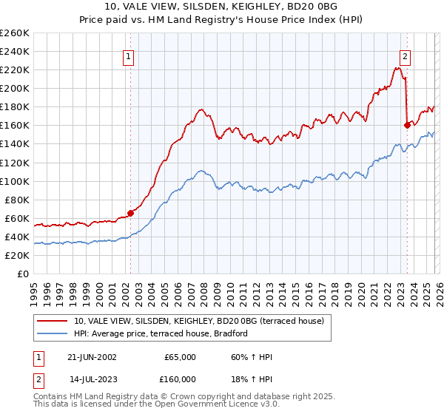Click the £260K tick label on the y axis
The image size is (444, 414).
pos(15,33)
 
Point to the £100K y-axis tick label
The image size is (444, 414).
pos(15,181)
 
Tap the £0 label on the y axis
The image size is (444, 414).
pos(23,274)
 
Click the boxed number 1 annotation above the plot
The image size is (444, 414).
pos(129,55)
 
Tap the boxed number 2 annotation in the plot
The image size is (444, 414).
pos(406,55)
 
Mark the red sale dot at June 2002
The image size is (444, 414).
pos(131,213)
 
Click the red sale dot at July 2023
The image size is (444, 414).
pos(407,125)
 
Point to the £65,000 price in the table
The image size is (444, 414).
pos(181,357)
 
